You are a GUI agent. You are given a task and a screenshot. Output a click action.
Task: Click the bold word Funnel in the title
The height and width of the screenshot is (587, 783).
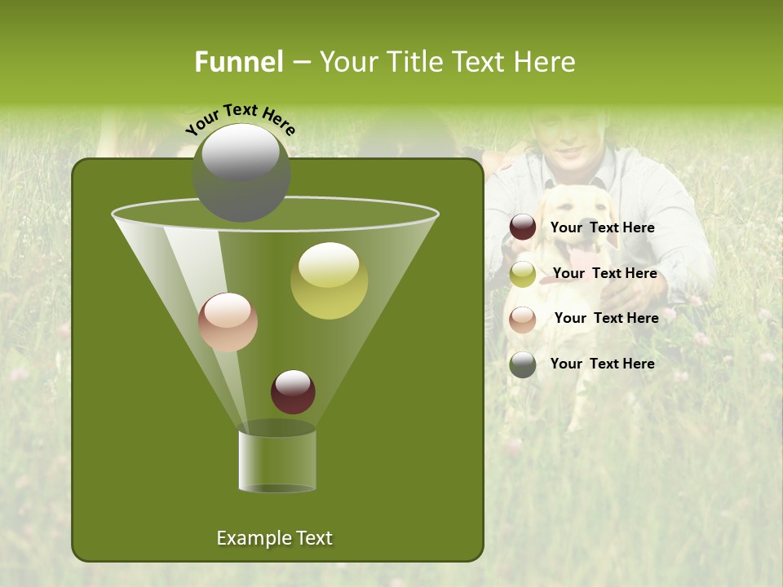[239, 62]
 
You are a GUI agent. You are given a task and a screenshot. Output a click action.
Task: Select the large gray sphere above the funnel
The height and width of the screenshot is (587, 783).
[241, 172]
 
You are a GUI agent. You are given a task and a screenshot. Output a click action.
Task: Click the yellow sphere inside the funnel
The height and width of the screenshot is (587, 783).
[329, 280]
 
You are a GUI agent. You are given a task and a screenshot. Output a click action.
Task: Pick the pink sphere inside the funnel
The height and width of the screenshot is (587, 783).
[228, 322]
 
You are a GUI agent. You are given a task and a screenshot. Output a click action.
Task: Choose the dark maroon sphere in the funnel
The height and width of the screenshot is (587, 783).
[293, 391]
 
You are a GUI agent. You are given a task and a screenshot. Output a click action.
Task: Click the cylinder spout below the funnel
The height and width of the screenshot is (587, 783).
[277, 461]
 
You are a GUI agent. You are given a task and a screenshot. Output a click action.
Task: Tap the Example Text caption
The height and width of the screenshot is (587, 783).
[275, 538]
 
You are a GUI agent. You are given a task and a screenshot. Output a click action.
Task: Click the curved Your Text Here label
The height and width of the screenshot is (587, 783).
[241, 119]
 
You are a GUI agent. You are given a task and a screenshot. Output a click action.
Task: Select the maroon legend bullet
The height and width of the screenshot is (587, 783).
[523, 227]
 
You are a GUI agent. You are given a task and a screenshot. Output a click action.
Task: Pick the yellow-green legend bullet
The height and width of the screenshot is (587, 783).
[523, 274]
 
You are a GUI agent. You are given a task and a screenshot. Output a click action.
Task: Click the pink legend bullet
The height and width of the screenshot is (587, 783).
[523, 319]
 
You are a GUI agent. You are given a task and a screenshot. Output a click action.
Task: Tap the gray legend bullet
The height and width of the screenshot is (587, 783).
[523, 364]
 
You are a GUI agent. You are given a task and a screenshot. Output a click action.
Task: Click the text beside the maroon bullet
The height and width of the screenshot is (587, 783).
[603, 228]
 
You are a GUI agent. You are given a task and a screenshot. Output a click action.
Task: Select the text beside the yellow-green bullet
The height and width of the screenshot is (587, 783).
[605, 274]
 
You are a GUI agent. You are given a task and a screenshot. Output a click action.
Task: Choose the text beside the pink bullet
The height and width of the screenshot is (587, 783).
[607, 319]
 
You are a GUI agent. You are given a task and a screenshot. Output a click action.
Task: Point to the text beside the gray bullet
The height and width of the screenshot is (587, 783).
[603, 364]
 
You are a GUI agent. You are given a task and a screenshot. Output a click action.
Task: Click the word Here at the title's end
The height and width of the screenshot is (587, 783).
[546, 62]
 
